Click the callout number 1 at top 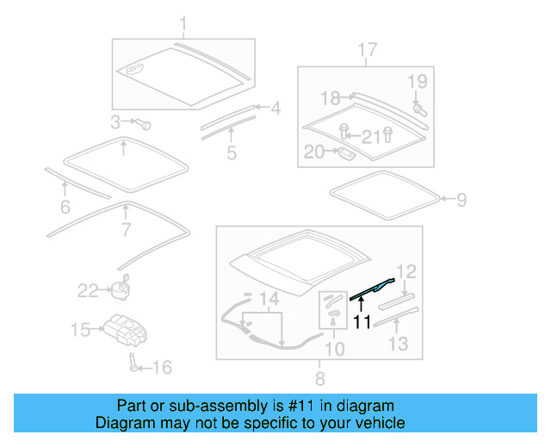click(x=183, y=22)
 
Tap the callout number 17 click(x=367, y=50)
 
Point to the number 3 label click(x=116, y=121)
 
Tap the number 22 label click(x=89, y=291)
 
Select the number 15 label click(x=80, y=329)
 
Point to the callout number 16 click(x=161, y=368)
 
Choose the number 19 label click(x=417, y=82)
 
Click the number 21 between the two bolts click(x=369, y=135)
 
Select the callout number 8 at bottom click(x=319, y=377)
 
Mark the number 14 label click(x=269, y=300)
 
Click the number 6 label click(x=64, y=207)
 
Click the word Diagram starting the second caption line click(x=125, y=423)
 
